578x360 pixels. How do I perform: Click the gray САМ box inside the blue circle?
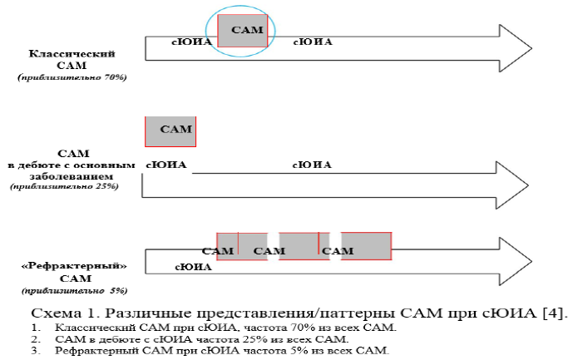[243, 31]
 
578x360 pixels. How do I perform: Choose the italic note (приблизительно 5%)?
[72, 290]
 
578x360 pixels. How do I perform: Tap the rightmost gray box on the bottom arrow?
[366, 246]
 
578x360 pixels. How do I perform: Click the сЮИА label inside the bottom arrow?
[193, 267]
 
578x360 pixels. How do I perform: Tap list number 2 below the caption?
[35, 339]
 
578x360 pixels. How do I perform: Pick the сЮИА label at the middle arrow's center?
[312, 165]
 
